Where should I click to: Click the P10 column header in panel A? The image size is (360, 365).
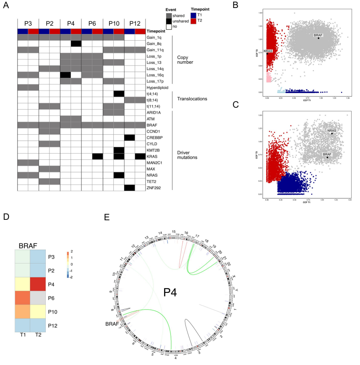113,23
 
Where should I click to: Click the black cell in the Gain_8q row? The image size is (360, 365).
76,44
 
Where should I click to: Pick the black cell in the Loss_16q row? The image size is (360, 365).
65,75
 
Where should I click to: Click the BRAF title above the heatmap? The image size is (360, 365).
25,247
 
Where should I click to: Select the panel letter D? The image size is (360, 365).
6,217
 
